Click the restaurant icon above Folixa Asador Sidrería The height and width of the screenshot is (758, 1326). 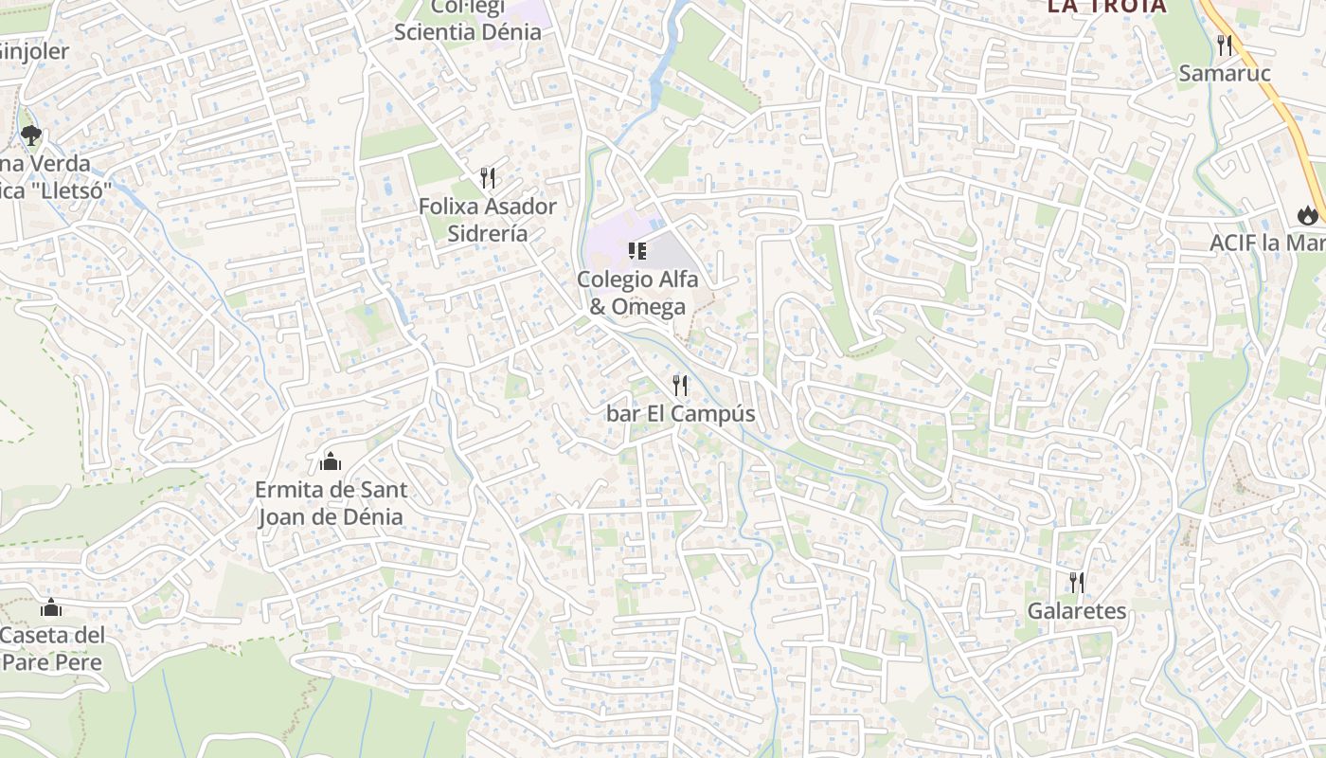[x=488, y=177]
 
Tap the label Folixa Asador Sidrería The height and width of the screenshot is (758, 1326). [x=488, y=219]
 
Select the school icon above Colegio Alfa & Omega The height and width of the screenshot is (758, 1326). [x=637, y=251]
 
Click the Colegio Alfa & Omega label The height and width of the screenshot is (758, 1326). [x=637, y=293]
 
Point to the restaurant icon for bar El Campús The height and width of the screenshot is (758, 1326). [x=680, y=386]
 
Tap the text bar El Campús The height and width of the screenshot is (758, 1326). [x=681, y=414]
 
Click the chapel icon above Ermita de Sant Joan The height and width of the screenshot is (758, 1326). [x=331, y=461]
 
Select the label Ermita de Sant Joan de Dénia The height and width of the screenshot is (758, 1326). [x=331, y=503]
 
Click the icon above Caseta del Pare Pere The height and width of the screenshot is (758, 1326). [x=51, y=607]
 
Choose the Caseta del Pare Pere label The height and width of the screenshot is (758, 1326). [x=52, y=648]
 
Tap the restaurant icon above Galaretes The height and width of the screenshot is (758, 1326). [x=1077, y=582]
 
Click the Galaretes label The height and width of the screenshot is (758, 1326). [x=1077, y=611]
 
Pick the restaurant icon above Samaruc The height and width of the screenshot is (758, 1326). [x=1225, y=45]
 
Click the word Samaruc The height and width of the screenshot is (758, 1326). [x=1224, y=73]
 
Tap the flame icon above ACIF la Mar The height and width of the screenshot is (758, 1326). [x=1309, y=215]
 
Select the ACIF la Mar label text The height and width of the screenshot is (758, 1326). [x=1267, y=243]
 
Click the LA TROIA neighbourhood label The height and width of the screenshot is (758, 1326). [x=1106, y=7]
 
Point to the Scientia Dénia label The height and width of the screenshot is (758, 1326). [x=468, y=31]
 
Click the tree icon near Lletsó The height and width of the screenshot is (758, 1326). [x=31, y=135]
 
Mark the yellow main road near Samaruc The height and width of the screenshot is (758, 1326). [x=1269, y=95]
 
